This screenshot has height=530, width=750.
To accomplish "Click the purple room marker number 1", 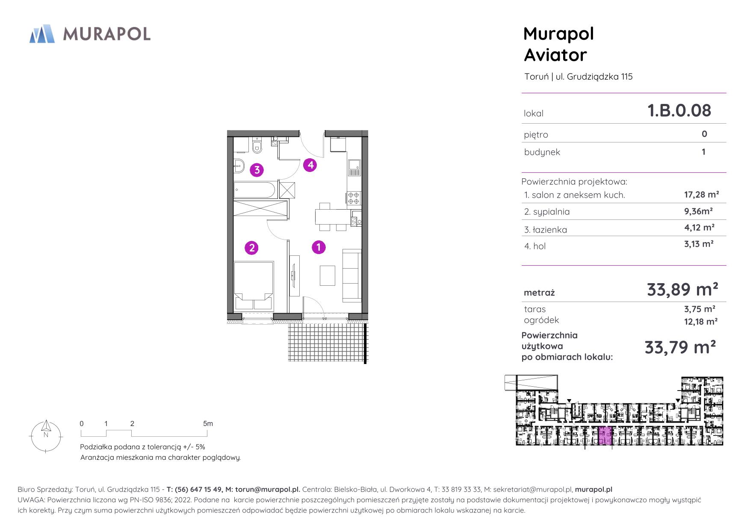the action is pos(319,247).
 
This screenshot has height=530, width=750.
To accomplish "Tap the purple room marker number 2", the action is pos(251,247).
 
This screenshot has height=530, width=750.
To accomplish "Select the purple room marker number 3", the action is pos(257,170).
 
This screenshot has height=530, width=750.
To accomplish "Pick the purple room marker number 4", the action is pos(310,165).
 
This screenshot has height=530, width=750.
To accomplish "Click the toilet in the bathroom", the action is pos(257,146).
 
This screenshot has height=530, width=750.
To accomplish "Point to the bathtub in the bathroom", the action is pos(256,189).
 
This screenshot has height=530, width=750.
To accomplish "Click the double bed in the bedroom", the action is pos(254,286).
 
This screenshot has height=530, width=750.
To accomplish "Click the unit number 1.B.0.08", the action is pos(679,110).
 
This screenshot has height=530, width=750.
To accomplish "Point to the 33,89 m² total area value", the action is pos(682,290).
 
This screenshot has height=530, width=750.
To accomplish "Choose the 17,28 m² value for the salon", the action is pos(701,195).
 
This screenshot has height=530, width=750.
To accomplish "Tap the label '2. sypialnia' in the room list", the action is pos(547,212).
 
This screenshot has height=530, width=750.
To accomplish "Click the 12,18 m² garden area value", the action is pos(701,321).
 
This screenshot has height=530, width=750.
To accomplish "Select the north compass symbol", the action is pos(46,435).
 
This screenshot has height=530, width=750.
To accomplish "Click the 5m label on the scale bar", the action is pos(208,423).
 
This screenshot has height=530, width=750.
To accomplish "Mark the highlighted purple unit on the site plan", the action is pos(605,436).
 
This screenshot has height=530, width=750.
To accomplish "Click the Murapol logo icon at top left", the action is pos(42,34).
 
